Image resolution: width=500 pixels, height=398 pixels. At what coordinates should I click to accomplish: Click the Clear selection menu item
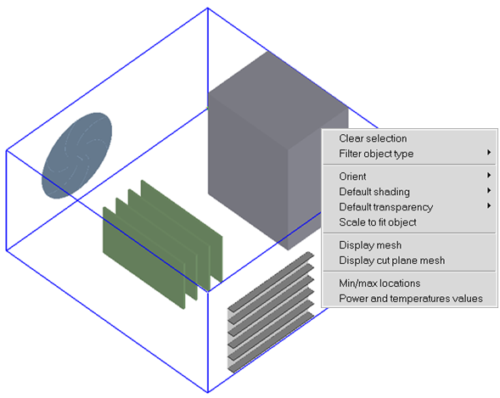[x=373, y=138]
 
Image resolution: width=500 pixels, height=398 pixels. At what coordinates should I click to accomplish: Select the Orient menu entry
[x=353, y=177]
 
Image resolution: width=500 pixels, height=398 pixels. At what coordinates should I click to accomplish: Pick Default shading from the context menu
[x=374, y=192]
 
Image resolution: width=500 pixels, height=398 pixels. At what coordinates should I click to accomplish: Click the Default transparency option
[x=385, y=207]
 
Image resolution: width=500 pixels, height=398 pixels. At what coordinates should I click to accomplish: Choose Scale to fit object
[x=378, y=222]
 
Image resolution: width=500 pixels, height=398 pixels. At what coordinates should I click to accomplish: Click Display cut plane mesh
[x=391, y=261]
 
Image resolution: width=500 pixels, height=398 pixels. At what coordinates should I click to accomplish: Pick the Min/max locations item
[x=379, y=283]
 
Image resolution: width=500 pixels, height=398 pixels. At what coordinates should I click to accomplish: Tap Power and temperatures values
[x=410, y=298]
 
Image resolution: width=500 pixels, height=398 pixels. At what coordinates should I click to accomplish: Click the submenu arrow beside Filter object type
[x=489, y=154]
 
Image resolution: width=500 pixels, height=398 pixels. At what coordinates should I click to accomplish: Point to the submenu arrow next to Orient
[x=489, y=177]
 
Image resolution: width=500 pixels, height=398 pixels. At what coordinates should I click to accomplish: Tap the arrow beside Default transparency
[x=489, y=207]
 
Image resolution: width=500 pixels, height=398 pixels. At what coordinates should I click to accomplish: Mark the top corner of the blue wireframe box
[x=208, y=9]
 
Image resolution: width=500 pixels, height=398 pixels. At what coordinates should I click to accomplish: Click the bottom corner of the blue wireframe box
[x=208, y=391]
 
